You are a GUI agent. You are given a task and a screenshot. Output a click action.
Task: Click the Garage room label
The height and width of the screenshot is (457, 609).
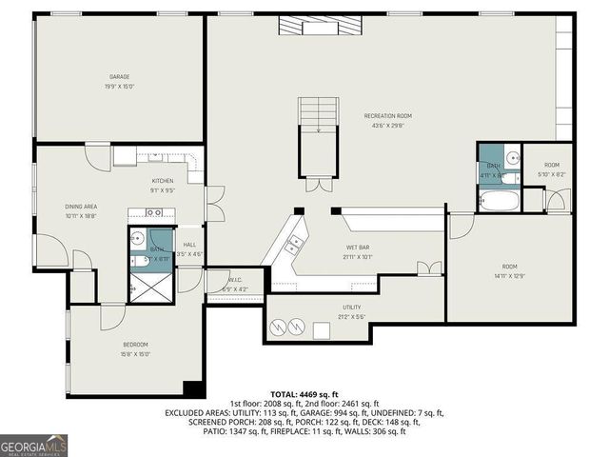(x=119, y=77)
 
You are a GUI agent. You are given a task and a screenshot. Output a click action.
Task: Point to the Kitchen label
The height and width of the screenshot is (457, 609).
(x=163, y=180)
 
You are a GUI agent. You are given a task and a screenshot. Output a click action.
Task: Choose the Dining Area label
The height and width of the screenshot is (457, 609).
(x=81, y=207)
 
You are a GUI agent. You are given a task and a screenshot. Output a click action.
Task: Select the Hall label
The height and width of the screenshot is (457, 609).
(x=190, y=245)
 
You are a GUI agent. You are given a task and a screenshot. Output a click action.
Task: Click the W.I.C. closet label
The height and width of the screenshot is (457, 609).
(x=234, y=280)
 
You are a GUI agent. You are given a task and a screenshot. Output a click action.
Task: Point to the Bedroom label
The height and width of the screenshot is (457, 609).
(x=135, y=345)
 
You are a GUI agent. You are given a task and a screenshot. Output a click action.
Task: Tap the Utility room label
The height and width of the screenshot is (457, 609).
(x=351, y=308)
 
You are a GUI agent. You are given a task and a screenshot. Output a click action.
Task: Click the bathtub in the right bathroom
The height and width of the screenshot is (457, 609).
(x=499, y=201)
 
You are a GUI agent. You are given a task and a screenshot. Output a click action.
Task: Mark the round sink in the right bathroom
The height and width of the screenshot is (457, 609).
(x=511, y=158)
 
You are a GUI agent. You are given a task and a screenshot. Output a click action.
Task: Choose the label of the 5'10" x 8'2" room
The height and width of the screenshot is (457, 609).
(x=551, y=166)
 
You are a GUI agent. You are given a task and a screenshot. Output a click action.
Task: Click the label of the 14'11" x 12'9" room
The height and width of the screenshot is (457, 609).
(x=511, y=268)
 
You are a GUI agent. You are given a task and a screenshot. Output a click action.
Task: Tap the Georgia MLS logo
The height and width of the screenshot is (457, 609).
(x=34, y=445)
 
